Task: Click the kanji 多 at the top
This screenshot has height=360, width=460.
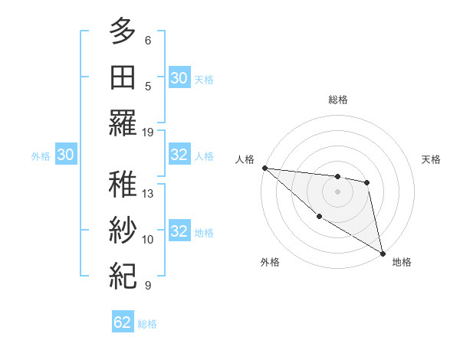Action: [x=122, y=32]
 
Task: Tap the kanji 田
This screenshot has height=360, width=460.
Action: [x=122, y=77]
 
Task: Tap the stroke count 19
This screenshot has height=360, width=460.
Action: [x=148, y=132]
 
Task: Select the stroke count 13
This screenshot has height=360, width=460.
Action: [x=148, y=194]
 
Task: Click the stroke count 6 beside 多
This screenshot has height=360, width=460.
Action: [x=148, y=40]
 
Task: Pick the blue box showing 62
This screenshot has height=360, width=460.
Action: [x=123, y=322]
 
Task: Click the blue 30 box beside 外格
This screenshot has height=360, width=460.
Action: [x=66, y=155]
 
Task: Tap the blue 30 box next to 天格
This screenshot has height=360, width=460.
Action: [x=179, y=78]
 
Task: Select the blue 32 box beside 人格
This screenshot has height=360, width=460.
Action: [x=179, y=155]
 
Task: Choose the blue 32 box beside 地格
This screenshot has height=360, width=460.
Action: [x=179, y=231]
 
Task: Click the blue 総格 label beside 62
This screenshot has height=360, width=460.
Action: [x=147, y=324]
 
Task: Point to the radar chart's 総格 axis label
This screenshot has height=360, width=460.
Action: [x=337, y=100]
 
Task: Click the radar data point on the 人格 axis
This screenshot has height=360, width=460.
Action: [x=264, y=168]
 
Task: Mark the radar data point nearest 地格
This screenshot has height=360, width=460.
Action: [x=383, y=252]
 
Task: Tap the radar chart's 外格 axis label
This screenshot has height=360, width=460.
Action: [x=270, y=262]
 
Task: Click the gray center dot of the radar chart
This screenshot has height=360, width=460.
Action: [x=337, y=191]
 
